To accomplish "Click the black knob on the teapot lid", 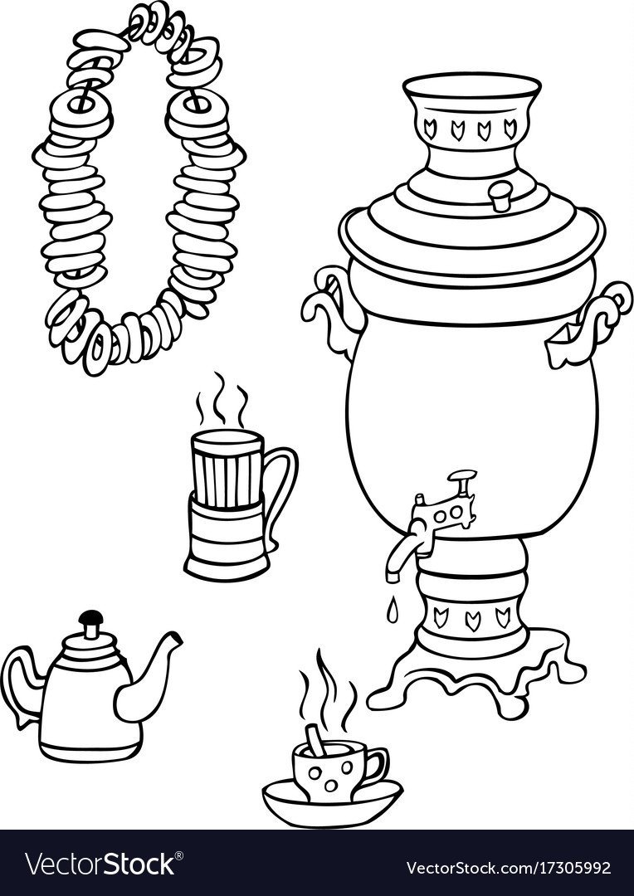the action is pos(90,618).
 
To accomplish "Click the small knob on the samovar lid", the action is pos(501,195).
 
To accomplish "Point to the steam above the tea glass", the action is pos(222,399).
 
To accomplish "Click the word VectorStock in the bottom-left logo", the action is pos(100,864).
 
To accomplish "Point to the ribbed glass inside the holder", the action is pos(227,469).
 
